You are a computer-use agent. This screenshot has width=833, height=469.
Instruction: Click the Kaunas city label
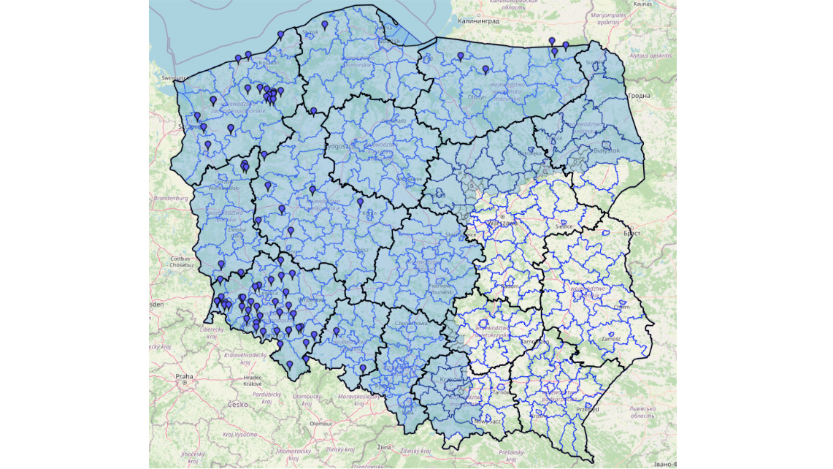point(642,4)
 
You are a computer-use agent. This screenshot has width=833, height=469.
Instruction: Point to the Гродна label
point(639,96)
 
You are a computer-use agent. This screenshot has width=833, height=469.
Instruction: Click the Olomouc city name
point(320,423)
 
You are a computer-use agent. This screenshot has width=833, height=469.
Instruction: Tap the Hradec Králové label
point(253,381)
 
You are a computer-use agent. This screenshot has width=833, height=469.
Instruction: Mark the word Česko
point(238,404)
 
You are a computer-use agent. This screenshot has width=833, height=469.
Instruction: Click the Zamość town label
point(611,339)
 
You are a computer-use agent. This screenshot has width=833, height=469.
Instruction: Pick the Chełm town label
point(621,307)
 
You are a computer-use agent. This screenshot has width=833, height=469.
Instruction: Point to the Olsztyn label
point(477,96)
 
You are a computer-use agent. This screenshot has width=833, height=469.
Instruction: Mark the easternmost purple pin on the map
point(565,45)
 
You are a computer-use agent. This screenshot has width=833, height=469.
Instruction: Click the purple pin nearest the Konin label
point(360,202)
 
